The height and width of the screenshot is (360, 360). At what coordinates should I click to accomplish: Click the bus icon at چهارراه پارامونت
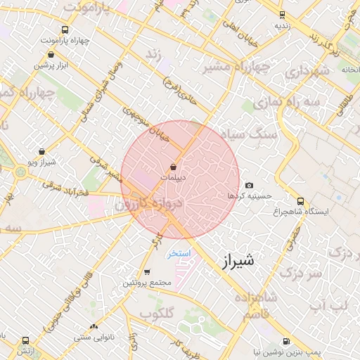(65, 30)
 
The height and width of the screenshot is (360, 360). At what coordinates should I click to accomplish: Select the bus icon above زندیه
(282, 14)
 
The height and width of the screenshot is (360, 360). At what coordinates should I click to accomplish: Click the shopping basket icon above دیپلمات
(174, 167)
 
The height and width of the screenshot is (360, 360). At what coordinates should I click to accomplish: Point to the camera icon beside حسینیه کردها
(250, 185)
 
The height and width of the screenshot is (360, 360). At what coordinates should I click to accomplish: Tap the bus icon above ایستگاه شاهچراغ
(301, 200)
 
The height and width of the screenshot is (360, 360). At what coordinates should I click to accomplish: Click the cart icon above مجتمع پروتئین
(146, 272)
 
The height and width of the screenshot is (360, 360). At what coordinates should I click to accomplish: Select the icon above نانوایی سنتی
(94, 326)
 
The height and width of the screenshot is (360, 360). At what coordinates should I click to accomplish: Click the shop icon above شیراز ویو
(41, 151)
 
